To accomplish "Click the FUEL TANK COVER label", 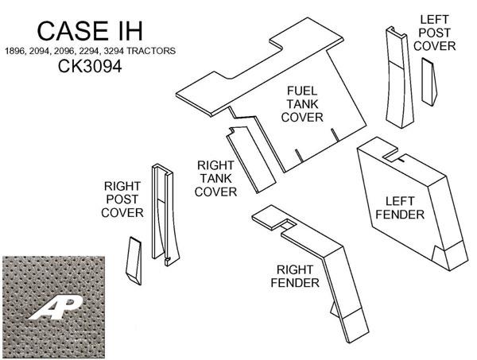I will click(x=305, y=105).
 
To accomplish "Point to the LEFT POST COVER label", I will click(x=438, y=33).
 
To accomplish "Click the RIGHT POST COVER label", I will click(x=123, y=199).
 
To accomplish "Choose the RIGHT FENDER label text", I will click(x=299, y=276).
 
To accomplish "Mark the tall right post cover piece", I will click(x=165, y=215).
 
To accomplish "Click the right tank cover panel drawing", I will click(x=248, y=159).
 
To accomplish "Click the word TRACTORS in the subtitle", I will click(x=155, y=51).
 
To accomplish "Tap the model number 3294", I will click(x=121, y=51).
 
